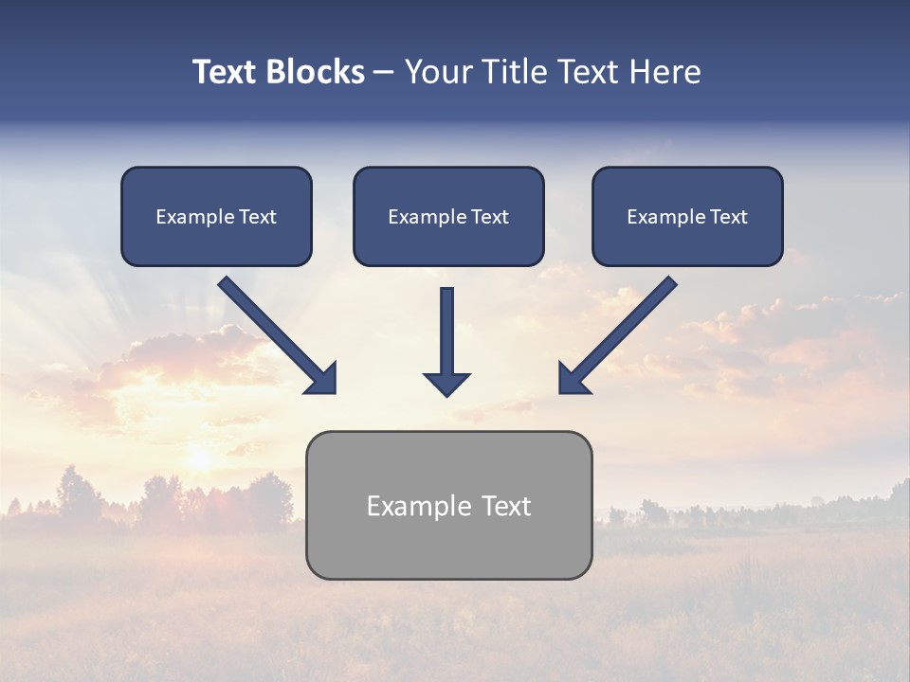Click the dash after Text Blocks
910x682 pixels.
[x=384, y=73]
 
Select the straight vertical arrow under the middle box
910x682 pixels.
[x=447, y=327]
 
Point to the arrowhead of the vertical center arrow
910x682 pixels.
[x=447, y=384]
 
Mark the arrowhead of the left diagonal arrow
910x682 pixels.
[x=323, y=380]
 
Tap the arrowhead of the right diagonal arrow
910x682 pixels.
[x=572, y=380]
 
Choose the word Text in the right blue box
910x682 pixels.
[x=728, y=217]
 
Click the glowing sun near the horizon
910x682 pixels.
[x=200, y=458]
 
